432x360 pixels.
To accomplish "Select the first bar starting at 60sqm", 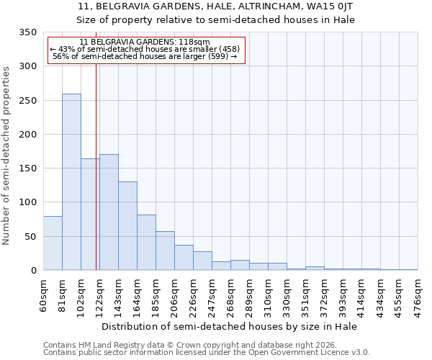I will [53, 243].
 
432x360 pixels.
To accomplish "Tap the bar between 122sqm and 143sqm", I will [109, 212].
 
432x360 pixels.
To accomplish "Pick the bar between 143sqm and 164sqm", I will [127, 226].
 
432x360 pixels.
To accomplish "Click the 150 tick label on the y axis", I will [27, 168].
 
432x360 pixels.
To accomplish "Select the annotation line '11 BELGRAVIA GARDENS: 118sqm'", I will [145, 42].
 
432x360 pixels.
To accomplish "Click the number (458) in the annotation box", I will [225, 49].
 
